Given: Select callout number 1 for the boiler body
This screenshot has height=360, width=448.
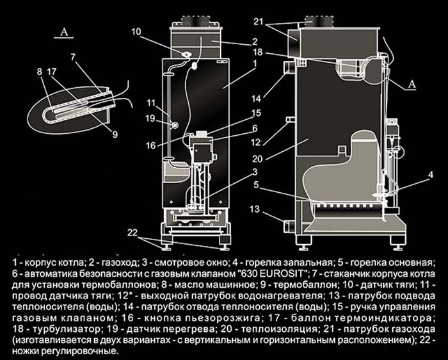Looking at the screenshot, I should point(255,63).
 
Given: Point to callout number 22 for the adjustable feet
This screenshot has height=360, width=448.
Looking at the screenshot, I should point(132,232).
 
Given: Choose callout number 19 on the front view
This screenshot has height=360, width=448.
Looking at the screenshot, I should point(148,118).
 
